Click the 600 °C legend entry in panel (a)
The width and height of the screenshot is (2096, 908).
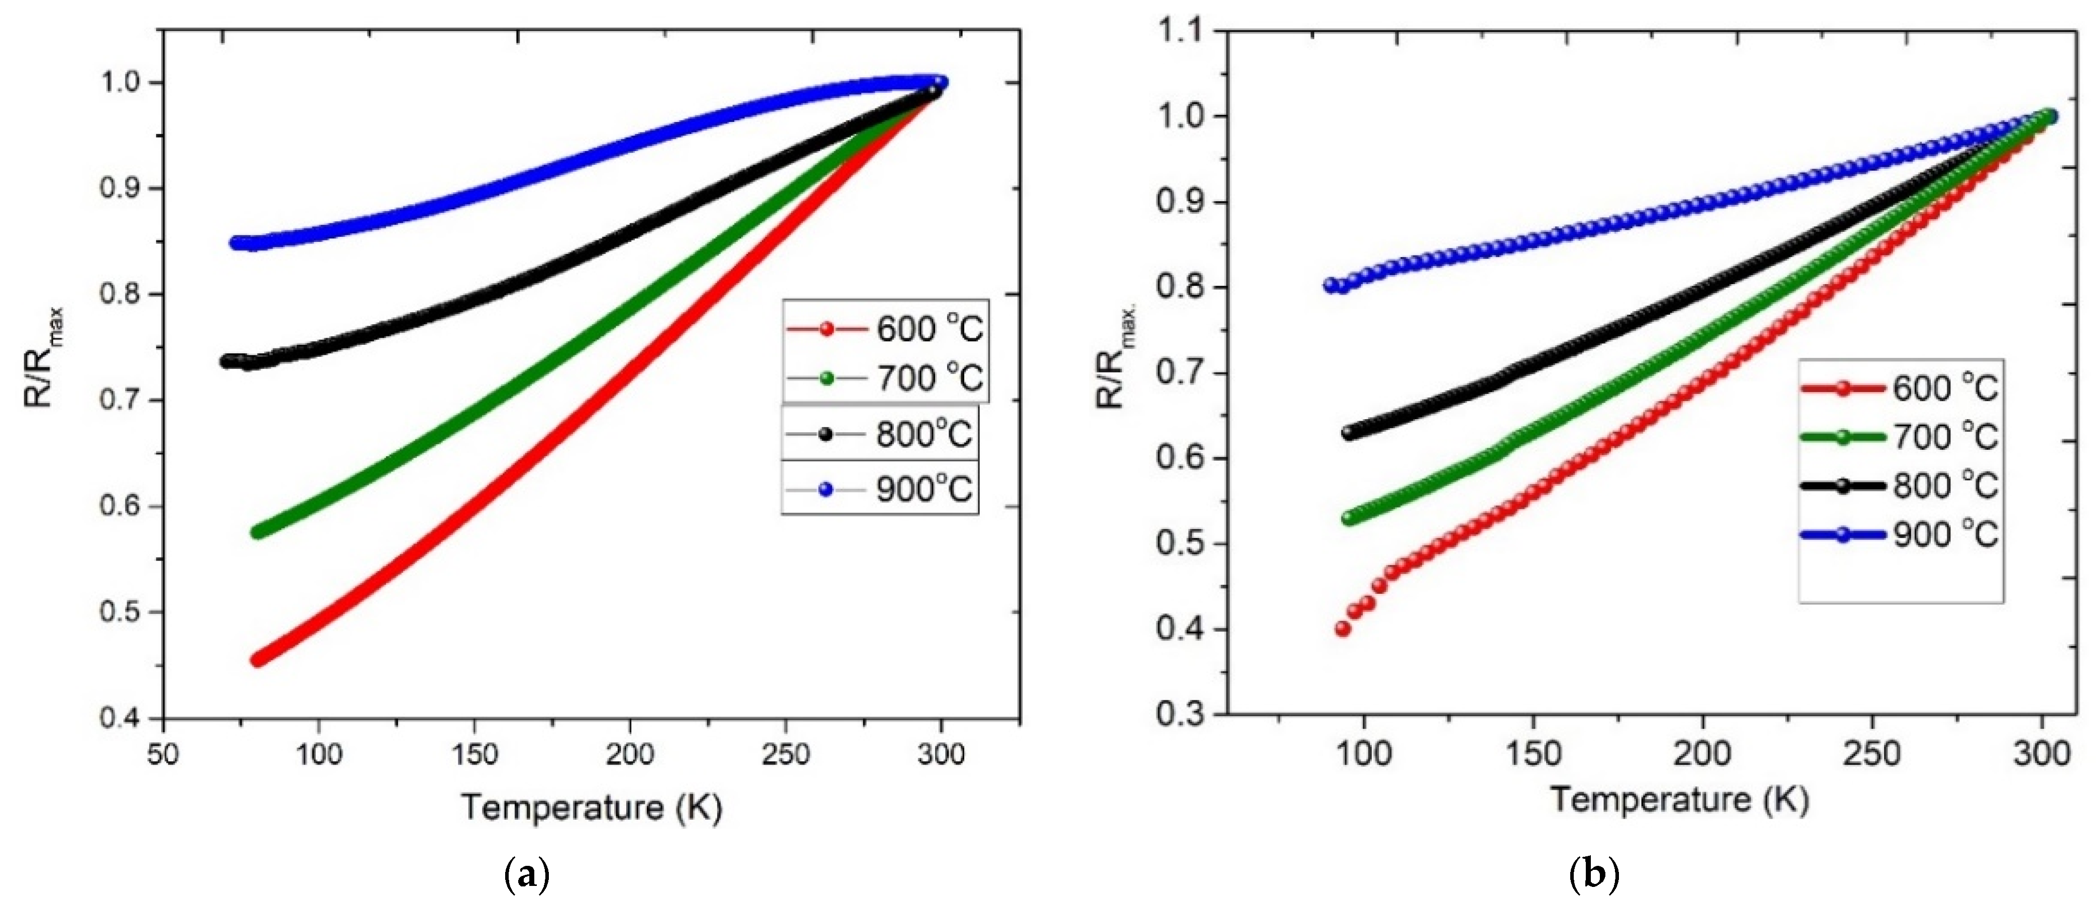885,329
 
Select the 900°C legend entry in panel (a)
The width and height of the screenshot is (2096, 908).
880,489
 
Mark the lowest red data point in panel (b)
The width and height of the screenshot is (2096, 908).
1343,629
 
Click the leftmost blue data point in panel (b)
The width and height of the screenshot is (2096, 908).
1330,285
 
